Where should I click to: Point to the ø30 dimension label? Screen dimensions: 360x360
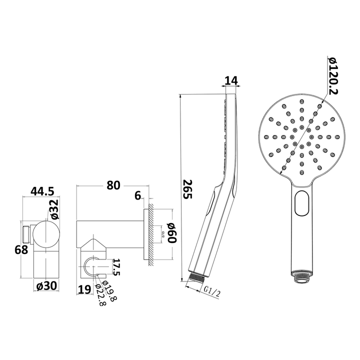click(x=46, y=286)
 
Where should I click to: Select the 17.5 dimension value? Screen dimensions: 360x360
click(x=115, y=267)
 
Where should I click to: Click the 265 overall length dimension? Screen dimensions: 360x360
click(x=186, y=190)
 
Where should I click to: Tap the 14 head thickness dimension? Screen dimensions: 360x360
click(x=230, y=80)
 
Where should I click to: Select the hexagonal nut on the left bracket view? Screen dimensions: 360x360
click(x=26, y=234)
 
